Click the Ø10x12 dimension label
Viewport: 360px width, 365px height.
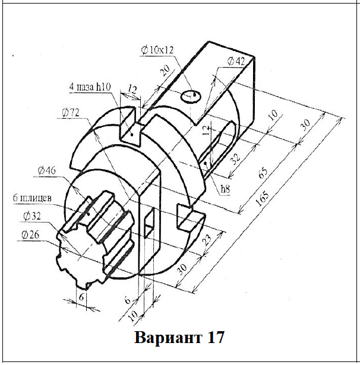tap(157, 50)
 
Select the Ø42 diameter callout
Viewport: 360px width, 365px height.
tap(236, 61)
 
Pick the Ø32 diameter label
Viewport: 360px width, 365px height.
tap(33, 216)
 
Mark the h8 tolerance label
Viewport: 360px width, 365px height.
tap(225, 189)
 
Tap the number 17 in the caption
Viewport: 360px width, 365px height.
tap(216, 338)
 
